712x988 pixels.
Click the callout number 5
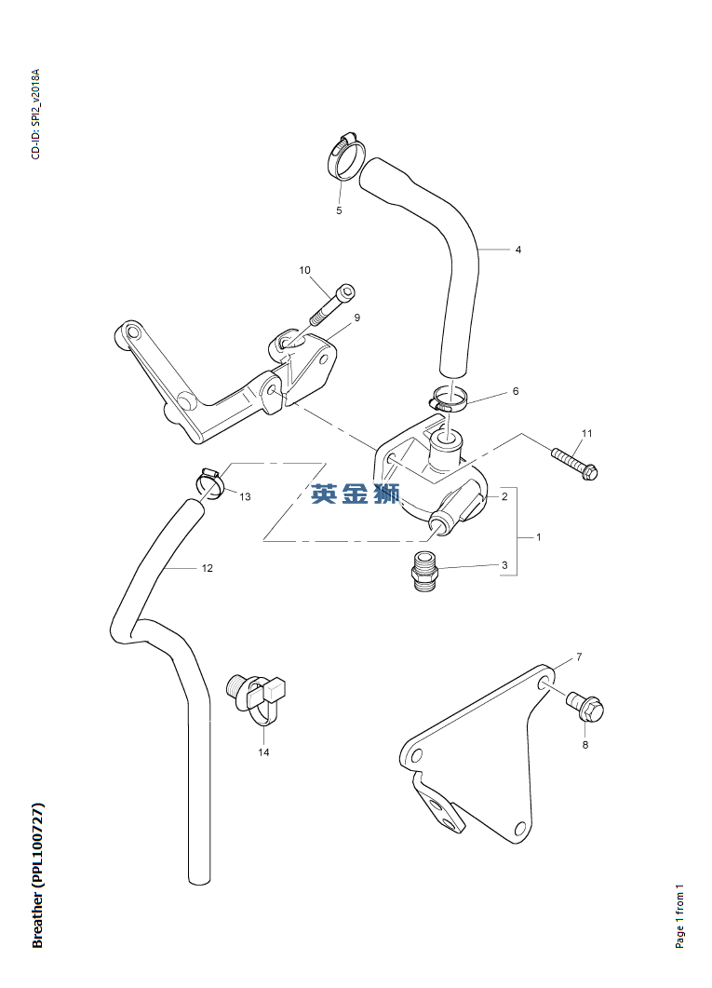tap(339, 210)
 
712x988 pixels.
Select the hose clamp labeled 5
tap(346, 156)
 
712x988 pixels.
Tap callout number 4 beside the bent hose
tap(518, 250)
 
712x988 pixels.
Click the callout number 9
tap(357, 318)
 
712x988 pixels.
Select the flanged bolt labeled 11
tap(574, 463)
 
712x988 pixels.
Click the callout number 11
tap(586, 434)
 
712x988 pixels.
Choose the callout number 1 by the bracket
tap(538, 537)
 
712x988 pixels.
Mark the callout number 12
tap(208, 568)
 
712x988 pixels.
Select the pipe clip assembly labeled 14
tap(257, 698)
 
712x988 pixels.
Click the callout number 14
tap(263, 752)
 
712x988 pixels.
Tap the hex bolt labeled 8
tap(584, 708)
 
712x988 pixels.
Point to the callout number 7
tap(579, 657)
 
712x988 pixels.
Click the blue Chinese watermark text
tap(356, 494)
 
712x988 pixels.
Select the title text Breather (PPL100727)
tap(38, 875)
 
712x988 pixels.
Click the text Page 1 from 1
tap(679, 917)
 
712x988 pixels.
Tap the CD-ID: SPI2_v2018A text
tap(36, 114)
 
